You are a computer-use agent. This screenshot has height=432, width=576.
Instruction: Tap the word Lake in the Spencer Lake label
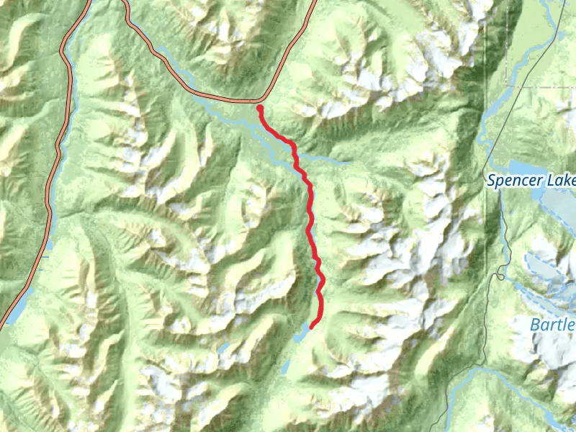coord(562,181)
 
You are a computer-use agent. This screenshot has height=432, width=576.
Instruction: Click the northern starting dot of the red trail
coord(259,108)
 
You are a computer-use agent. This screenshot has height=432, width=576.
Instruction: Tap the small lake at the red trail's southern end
coord(302,334)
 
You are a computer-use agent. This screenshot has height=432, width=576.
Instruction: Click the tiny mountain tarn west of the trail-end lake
coord(225,348)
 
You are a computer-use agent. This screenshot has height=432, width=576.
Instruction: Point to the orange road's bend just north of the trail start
coord(264,98)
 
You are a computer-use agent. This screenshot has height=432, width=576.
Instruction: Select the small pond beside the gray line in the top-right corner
coord(561,34)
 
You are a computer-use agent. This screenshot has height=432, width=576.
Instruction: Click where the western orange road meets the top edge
coord(89,1)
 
